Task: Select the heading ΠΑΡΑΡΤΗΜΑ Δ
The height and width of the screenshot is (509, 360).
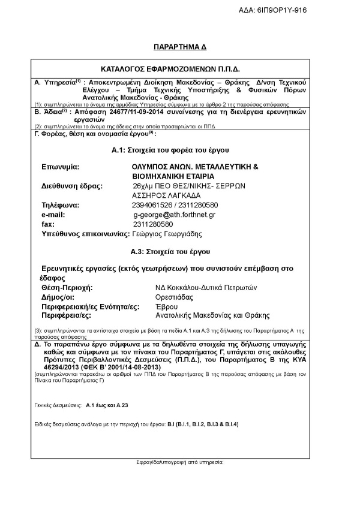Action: tap(178, 46)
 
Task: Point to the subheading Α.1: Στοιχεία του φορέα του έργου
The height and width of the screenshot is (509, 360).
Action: tap(179, 148)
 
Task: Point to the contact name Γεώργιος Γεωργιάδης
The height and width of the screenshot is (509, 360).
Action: tap(167, 233)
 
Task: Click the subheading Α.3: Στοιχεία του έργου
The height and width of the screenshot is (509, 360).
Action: tap(179, 250)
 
